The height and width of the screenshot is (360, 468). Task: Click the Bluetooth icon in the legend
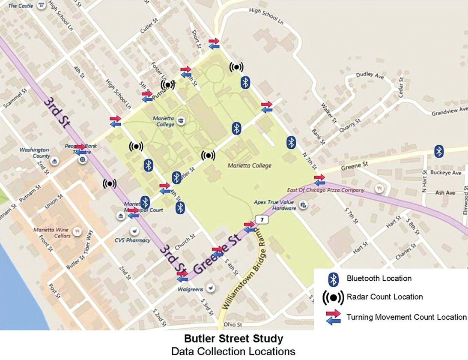334,279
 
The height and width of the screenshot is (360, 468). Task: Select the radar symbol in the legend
334,297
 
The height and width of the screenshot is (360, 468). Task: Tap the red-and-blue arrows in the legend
334,317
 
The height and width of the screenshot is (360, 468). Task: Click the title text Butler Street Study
233,339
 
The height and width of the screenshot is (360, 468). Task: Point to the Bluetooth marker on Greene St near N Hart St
438,151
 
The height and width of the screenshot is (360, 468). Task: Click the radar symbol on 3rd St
110,183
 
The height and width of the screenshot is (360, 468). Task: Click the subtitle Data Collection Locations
233,351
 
